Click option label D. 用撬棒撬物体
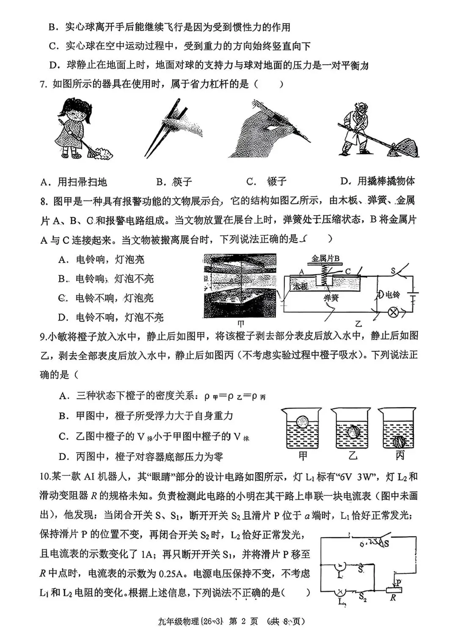pyautogui.click(x=377, y=181)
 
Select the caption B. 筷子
pyautogui.click(x=174, y=182)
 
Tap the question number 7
pyautogui.click(x=43, y=84)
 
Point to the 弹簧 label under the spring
pyautogui.click(x=332, y=298)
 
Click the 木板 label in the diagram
pyautogui.click(x=300, y=286)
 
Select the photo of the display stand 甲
pyautogui.click(x=240, y=286)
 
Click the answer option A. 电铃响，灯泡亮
pyautogui.click(x=102, y=259)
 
